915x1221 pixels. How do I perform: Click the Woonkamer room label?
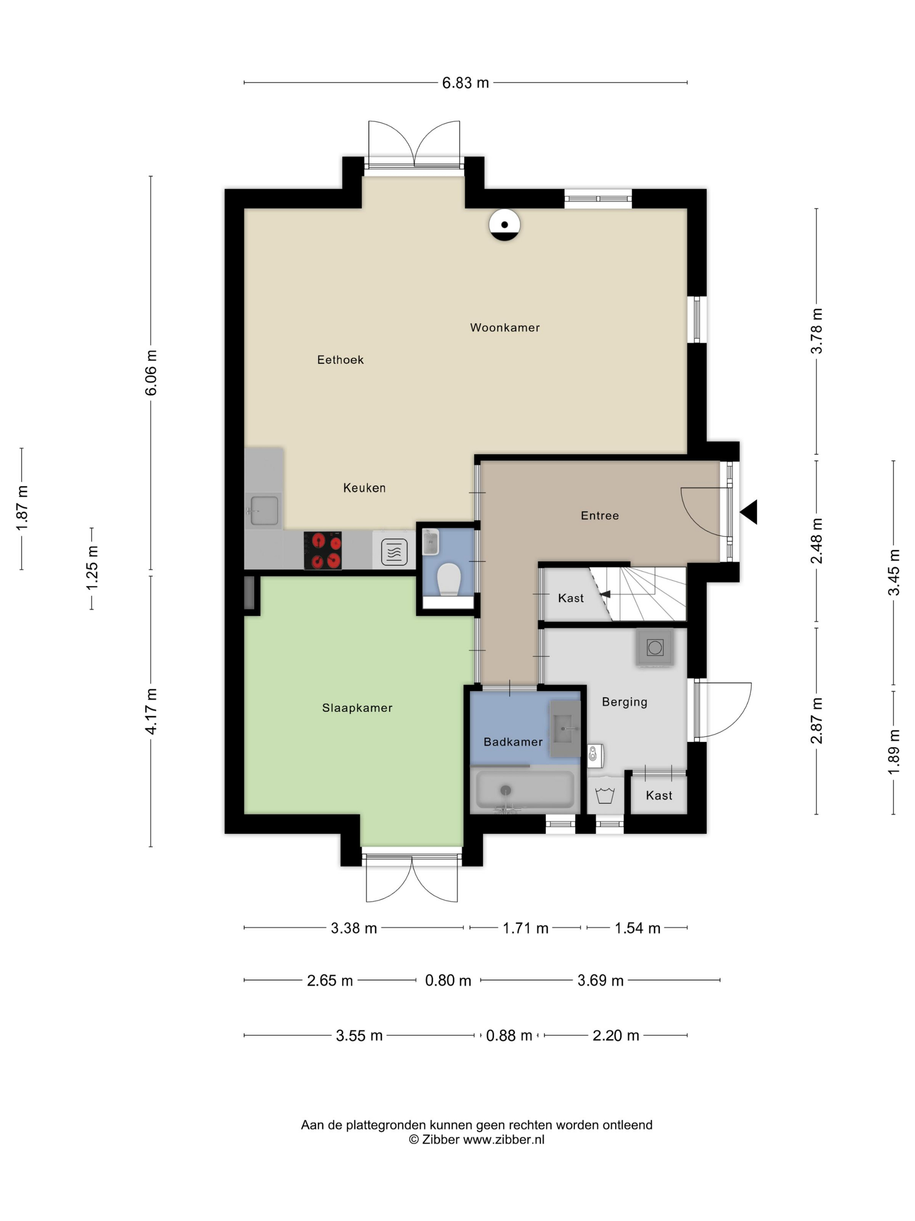click(504, 327)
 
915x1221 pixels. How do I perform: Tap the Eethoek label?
click(340, 360)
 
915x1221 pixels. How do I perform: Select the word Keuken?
click(364, 488)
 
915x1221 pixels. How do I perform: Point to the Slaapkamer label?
click(357, 708)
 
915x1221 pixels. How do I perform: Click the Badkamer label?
click(513, 742)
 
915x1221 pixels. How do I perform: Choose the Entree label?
click(600, 515)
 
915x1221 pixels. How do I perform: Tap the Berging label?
click(624, 702)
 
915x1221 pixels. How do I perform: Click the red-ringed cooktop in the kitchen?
click(323, 550)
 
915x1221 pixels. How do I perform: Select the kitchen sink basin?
click(264, 511)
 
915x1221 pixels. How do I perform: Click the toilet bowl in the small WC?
click(449, 579)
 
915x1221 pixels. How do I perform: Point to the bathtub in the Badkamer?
click(525, 789)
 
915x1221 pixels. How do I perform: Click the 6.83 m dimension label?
click(465, 83)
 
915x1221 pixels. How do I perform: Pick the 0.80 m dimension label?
click(448, 980)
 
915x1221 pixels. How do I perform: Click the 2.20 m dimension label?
click(616, 1036)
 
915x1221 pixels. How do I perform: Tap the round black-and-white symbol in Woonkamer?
click(504, 225)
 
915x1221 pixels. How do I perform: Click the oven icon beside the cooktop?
click(394, 551)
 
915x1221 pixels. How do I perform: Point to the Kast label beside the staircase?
click(570, 598)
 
